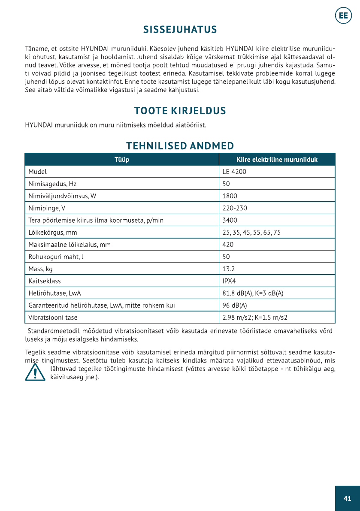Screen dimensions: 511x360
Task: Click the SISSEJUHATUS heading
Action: pyautogui.click(x=180, y=30)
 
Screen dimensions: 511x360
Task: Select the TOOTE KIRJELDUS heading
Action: pyautogui.click(x=180, y=111)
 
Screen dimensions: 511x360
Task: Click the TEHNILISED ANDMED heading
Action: pyautogui.click(x=180, y=145)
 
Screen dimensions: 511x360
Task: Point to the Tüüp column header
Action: pyautogui.click(x=122, y=160)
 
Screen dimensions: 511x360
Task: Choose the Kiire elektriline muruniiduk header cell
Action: pyautogui.click(x=277, y=160)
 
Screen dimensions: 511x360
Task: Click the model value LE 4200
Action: pyautogui.click(x=234, y=172)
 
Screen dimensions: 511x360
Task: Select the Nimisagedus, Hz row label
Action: pyautogui.click(x=52, y=184)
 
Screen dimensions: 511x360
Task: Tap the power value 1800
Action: pyautogui.click(x=230, y=196)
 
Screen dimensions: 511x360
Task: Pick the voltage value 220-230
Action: pyautogui.click(x=235, y=209)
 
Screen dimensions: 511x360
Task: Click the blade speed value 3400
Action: pyautogui.click(x=230, y=221)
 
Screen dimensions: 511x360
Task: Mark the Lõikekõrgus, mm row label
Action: pyautogui.click(x=53, y=233)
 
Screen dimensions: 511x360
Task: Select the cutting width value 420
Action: pyautogui.click(x=228, y=245)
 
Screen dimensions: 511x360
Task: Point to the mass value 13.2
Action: pyautogui.click(x=229, y=269)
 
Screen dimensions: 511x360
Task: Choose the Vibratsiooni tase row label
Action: pyautogui.click(x=53, y=318)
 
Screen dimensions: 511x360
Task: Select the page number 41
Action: pyautogui.click(x=347, y=498)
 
